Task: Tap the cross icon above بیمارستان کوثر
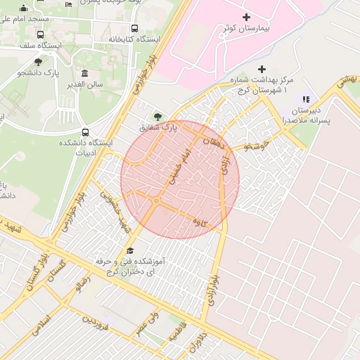pyautogui.click(x=245, y=17)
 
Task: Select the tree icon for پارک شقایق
pyautogui.click(x=156, y=116)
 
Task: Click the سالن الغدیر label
pyautogui.click(x=85, y=84)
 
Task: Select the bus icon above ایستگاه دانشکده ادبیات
pyautogui.click(x=85, y=131)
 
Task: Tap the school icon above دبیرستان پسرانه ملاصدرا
pyautogui.click(x=305, y=99)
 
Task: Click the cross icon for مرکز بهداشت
pyautogui.click(x=262, y=69)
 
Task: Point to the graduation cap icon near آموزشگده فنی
pyautogui.click(x=129, y=250)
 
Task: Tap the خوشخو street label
pyautogui.click(x=255, y=147)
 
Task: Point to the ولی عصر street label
pyautogui.click(x=149, y=325)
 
